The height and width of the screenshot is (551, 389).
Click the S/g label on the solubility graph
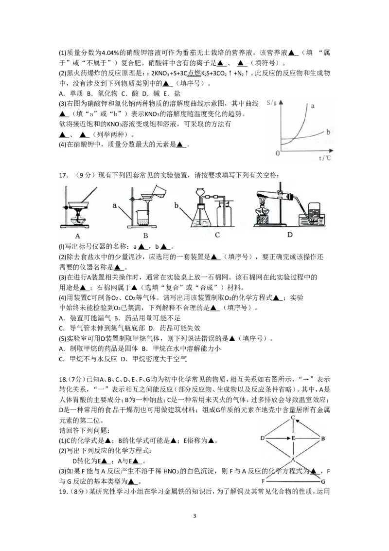pyautogui.click(x=271, y=103)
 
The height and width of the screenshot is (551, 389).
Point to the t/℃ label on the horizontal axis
pyautogui.click(x=325, y=158)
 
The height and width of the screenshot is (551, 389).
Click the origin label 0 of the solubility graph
pyautogui.click(x=278, y=153)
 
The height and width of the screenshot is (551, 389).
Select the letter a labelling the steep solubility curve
pyautogui.click(x=313, y=106)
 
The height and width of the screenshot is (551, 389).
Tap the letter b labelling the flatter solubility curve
pyautogui.click(x=328, y=132)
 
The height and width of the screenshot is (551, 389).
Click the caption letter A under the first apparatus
pyautogui.click(x=78, y=236)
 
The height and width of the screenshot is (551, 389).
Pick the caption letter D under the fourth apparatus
pyautogui.click(x=290, y=235)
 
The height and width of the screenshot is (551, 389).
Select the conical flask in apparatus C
pyautogui.click(x=201, y=216)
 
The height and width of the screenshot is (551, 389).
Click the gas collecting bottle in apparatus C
pyautogui.click(x=224, y=214)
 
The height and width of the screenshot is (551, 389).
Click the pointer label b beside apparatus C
pyautogui.click(x=177, y=205)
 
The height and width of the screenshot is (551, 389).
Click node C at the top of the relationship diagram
pyautogui.click(x=293, y=418)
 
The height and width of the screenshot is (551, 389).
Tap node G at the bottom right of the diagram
pyautogui.click(x=323, y=481)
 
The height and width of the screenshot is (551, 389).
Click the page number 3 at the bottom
pyautogui.click(x=194, y=516)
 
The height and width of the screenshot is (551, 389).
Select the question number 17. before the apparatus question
pyautogui.click(x=63, y=175)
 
